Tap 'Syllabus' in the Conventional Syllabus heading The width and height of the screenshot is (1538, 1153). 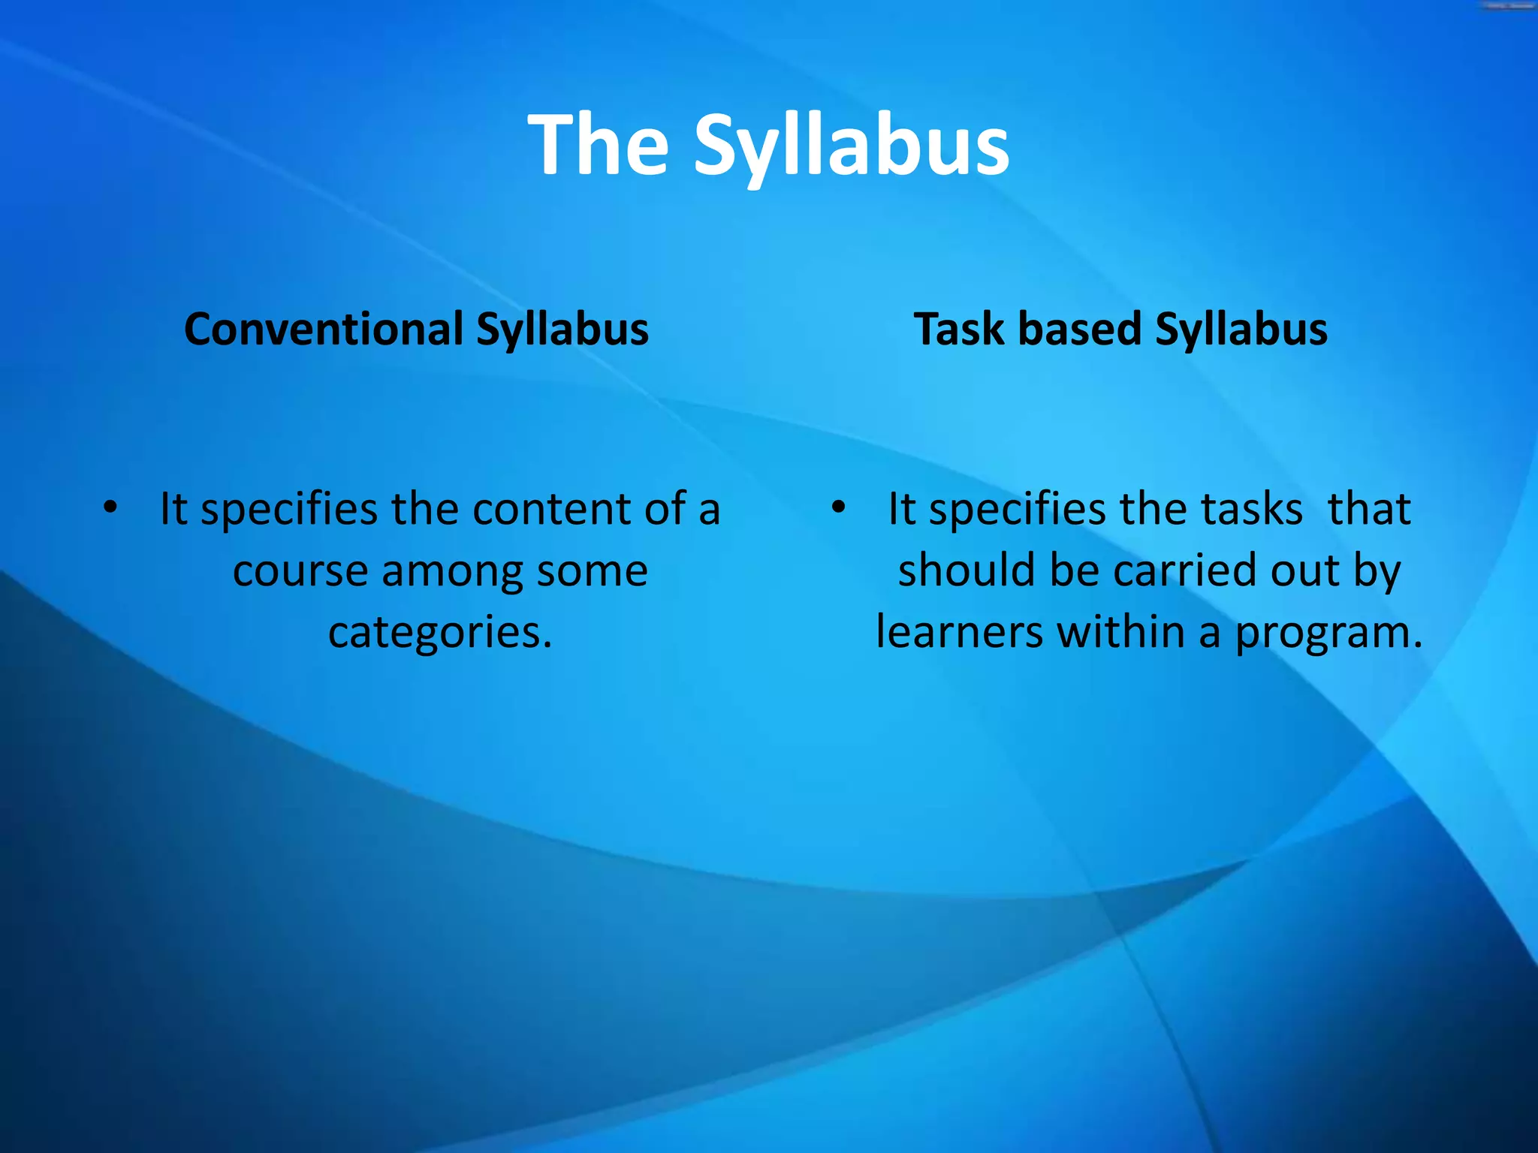coord(562,331)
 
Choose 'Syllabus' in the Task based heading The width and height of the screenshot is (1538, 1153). coord(1241,331)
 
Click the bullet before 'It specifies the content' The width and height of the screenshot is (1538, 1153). coord(110,508)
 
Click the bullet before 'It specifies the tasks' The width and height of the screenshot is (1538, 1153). coord(838,508)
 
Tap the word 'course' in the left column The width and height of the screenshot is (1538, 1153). coord(300,571)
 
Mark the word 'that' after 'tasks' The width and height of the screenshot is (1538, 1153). coord(1369,509)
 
